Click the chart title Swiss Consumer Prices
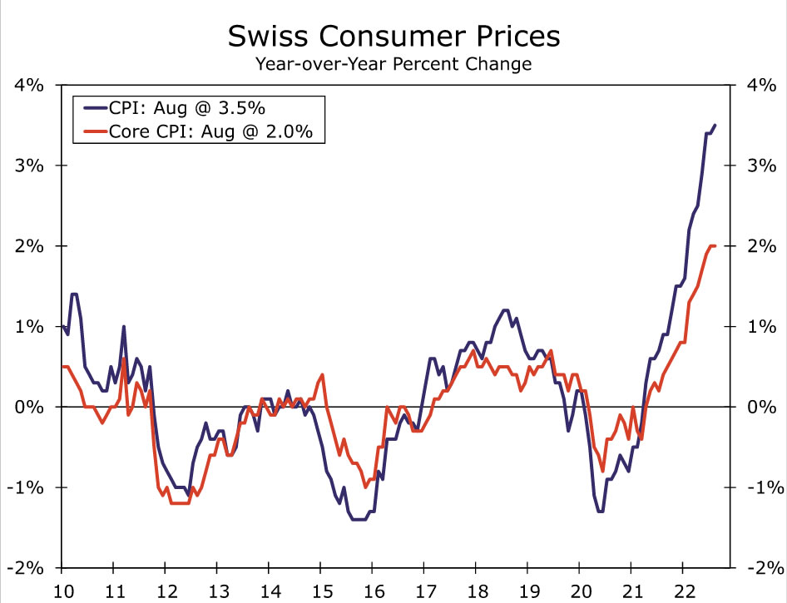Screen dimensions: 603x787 click(x=393, y=37)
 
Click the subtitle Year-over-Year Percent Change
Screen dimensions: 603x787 click(x=393, y=63)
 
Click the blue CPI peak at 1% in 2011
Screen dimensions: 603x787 click(x=123, y=327)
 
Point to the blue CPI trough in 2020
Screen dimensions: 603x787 click(x=600, y=512)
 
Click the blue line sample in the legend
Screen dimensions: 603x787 click(x=90, y=107)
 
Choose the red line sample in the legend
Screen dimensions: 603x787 click(x=90, y=131)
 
